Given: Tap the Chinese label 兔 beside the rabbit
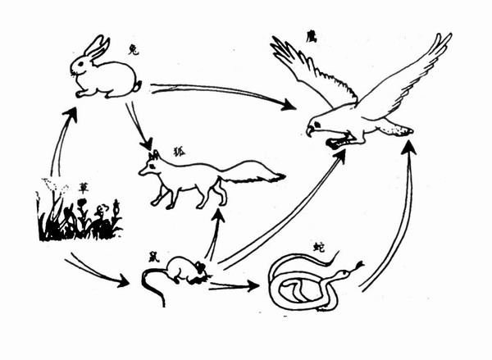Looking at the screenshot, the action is pos(133,50).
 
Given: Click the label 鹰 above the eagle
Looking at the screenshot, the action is pos(311,37).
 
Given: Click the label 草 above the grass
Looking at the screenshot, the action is pos(84,187).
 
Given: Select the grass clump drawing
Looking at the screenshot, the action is pos(78,217).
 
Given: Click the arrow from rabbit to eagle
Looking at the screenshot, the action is pos(221,93).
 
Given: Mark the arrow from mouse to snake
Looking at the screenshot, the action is pos(234,286).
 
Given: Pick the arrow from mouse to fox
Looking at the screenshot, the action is pos(215,234).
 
